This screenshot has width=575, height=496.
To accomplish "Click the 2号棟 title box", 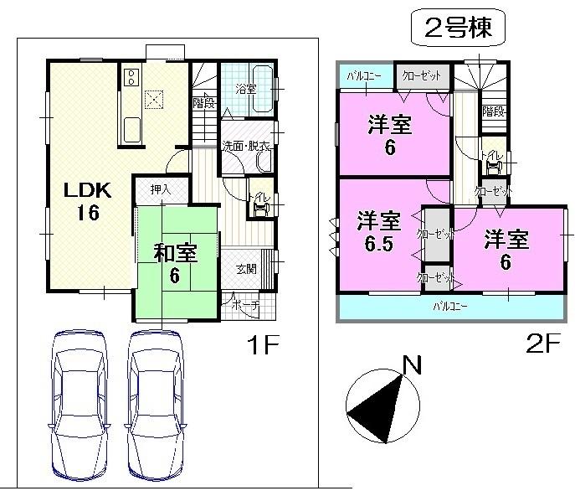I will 459,30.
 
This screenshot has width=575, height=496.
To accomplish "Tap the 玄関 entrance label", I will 246,269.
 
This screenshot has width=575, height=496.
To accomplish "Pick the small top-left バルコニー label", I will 364,76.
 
